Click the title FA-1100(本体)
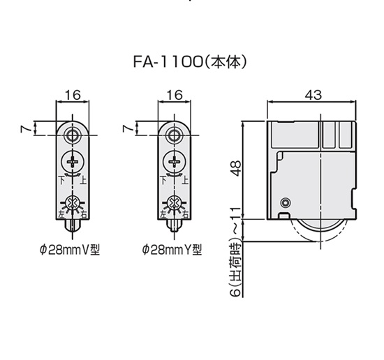190,62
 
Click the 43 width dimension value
313,95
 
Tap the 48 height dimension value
236,169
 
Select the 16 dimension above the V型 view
73,95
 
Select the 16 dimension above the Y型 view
175,95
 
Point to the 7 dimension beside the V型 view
27,128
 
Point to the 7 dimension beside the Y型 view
128,128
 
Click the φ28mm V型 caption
70,250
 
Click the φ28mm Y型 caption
172,250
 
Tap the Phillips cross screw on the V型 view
73,162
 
